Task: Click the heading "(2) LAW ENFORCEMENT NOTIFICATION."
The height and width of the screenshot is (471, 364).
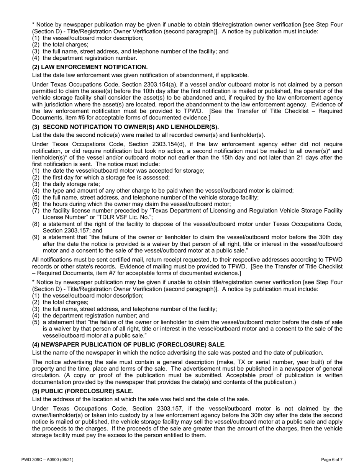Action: click(x=90, y=67)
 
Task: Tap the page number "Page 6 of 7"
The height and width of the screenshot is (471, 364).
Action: click(x=331, y=460)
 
